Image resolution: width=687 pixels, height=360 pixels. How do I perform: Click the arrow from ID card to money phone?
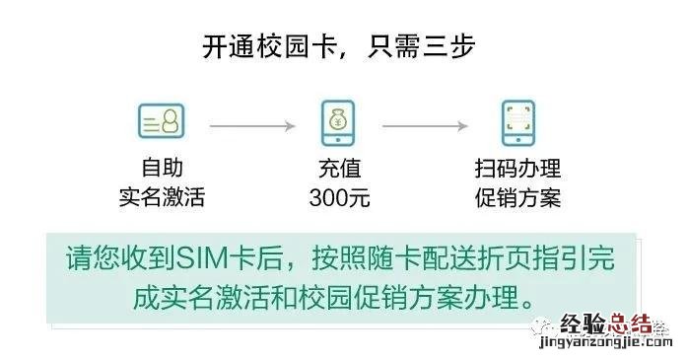tap(251, 125)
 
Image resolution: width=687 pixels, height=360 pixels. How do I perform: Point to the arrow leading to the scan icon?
tap(425, 125)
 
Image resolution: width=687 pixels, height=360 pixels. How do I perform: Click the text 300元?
tap(339, 197)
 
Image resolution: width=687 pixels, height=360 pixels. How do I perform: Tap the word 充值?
tap(339, 169)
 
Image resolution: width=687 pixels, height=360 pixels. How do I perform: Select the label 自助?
tap(161, 169)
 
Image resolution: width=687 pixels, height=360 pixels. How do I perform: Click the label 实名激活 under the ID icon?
tap(161, 197)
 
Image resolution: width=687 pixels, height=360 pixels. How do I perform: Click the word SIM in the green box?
tap(203, 259)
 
